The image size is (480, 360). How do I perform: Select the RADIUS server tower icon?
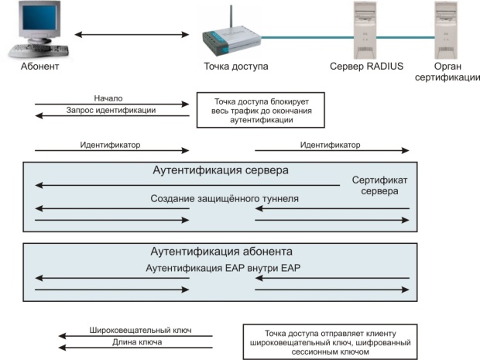point(366,29)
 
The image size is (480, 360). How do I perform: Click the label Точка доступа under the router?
point(236,67)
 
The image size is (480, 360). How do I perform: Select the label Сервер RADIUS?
point(366,67)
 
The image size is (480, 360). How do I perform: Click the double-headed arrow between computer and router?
point(132,35)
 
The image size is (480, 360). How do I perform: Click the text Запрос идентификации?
point(111,111)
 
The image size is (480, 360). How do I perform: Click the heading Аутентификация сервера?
point(220,170)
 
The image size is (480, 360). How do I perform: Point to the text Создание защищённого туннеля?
point(225,199)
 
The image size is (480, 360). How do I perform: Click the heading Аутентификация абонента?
point(220,252)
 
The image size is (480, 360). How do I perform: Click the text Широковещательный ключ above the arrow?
point(150,331)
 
